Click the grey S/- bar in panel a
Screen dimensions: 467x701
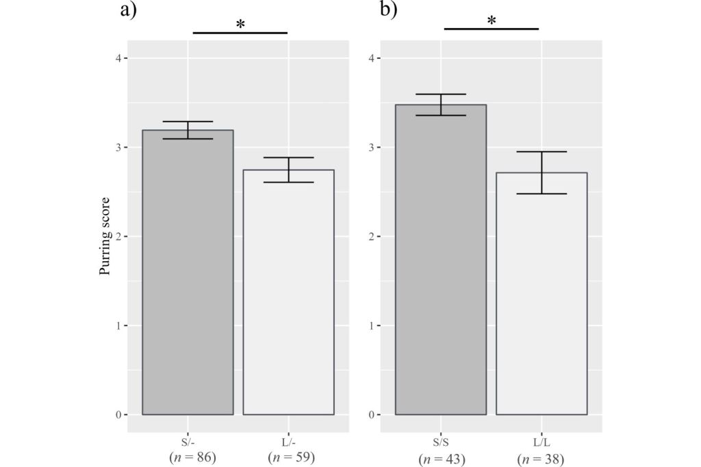(188, 273)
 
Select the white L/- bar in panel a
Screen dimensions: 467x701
(288, 294)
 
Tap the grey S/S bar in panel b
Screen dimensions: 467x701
(441, 260)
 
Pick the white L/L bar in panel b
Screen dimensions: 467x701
(541, 294)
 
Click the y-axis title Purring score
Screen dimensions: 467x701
(105, 237)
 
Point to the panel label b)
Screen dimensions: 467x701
(388, 12)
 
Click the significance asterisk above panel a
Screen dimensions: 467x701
(240, 25)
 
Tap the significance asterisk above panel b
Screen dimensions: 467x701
(492, 21)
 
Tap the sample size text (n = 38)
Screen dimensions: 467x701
(541, 459)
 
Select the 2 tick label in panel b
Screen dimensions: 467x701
(372, 237)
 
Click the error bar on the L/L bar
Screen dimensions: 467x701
(541, 172)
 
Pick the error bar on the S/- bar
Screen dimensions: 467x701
(188, 130)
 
